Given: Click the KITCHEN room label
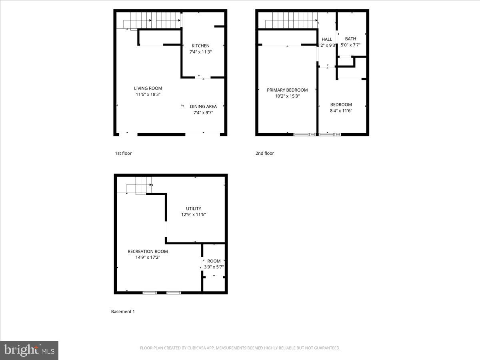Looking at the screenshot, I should click(200, 46).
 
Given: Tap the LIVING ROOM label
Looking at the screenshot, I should click(148, 88).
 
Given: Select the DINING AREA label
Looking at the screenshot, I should click(203, 106).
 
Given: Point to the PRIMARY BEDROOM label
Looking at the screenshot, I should click(287, 90).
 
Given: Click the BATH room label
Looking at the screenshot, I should click(350, 39).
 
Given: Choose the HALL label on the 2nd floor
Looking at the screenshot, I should click(327, 39).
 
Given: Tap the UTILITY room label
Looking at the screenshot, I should click(194, 208).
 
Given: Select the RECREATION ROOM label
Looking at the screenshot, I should click(148, 251).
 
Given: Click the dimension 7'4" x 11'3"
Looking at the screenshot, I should click(200, 52).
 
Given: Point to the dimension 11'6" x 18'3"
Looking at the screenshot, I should click(148, 94).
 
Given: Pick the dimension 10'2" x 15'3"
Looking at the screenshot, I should click(287, 96).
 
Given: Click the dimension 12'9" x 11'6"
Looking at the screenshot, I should click(194, 214).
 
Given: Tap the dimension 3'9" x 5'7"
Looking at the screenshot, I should click(214, 267).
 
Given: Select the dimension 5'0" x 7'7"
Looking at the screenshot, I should click(350, 45).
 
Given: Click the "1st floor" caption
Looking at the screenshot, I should click(123, 153).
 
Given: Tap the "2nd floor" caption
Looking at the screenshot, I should click(265, 153).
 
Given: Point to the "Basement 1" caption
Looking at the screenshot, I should click(123, 311).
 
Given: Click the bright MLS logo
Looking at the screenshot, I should click(29, 350).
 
